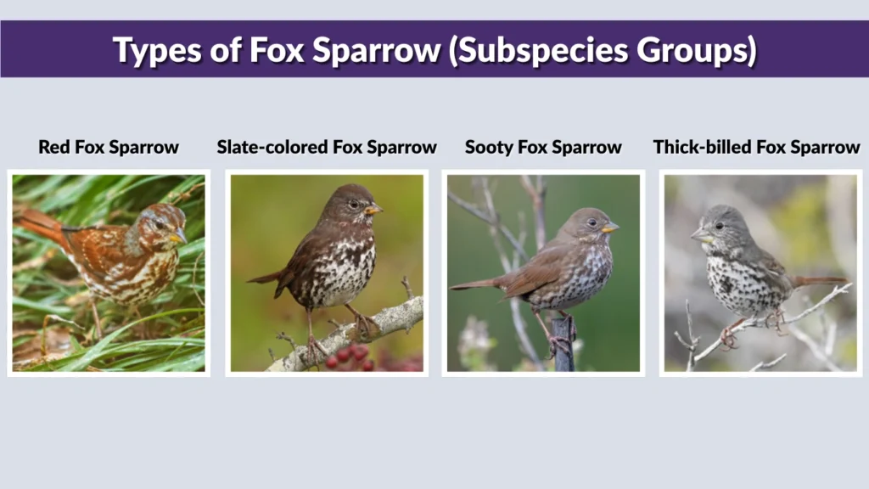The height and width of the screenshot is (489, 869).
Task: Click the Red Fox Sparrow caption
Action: [109, 147]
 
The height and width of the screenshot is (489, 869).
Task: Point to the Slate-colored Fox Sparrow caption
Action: [327, 147]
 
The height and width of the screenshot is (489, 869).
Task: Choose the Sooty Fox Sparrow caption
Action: [543, 147]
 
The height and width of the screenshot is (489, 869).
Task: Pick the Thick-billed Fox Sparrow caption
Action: [756, 147]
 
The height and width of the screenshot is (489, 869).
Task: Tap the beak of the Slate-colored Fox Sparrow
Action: [373, 209]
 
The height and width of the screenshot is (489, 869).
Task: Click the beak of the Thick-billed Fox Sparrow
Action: [698, 235]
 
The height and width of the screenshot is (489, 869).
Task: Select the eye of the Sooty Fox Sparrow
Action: [591, 222]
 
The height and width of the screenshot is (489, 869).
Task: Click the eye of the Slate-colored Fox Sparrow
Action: [353, 204]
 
